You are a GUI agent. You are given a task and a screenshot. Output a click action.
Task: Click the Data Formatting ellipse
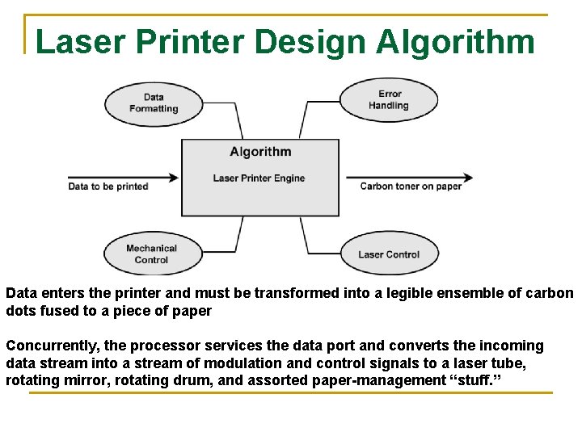click(x=154, y=103)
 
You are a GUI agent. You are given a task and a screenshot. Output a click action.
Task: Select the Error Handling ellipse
click(x=389, y=100)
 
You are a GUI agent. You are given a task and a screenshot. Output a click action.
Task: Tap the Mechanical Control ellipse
click(x=152, y=254)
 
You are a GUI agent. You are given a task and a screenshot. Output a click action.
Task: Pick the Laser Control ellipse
click(x=389, y=254)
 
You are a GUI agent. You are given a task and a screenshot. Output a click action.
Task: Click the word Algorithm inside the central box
click(x=260, y=152)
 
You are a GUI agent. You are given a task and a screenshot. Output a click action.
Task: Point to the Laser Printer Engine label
click(x=259, y=178)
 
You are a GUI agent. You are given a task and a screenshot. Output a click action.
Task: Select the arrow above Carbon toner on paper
click(x=409, y=177)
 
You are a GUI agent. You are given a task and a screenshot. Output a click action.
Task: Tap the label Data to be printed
click(x=108, y=187)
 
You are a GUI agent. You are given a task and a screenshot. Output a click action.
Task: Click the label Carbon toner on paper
click(x=411, y=187)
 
